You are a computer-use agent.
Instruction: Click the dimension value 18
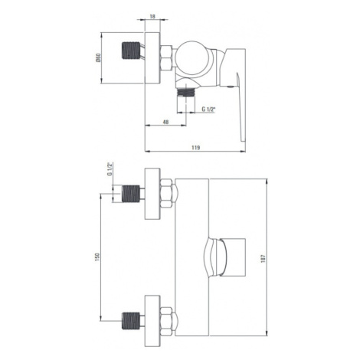[x=152, y=17]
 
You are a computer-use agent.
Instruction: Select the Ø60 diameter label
[x=99, y=57]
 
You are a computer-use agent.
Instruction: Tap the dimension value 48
[x=165, y=122]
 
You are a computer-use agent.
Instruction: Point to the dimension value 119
[x=195, y=148]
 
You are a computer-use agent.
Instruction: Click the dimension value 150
[x=97, y=257]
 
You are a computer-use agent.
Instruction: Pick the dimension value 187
[x=263, y=258]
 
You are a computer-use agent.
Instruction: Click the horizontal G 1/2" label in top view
[x=209, y=110]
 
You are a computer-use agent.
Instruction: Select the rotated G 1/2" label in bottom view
[x=110, y=169]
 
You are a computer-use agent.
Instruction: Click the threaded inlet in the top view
[x=131, y=51]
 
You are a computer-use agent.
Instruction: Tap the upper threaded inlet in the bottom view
[x=131, y=194]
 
